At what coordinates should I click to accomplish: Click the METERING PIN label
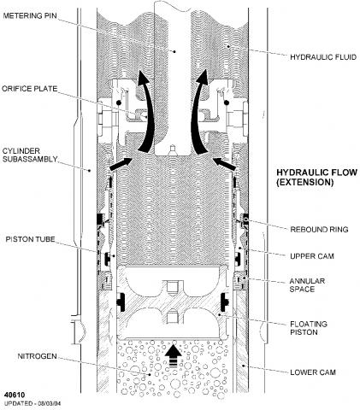pos(30,15)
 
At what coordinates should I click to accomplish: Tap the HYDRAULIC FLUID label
pos(323,57)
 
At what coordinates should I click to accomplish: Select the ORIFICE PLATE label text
pos(30,89)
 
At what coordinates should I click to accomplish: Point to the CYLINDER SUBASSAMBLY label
pos(30,155)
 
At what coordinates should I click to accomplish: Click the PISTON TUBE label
pos(30,239)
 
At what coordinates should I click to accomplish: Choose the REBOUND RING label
pos(319,230)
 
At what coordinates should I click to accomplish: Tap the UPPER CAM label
pos(312,256)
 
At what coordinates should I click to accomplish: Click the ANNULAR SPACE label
pos(307,285)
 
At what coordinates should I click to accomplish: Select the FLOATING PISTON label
pos(309,328)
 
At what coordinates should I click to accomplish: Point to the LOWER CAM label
pos(313,372)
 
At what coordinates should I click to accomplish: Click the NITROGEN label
pos(37,356)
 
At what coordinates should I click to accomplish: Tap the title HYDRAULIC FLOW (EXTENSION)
pos(316,177)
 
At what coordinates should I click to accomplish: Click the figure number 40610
pos(15,395)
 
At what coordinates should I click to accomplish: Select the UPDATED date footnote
pos(32,403)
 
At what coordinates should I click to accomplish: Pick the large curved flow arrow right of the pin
pos(198,114)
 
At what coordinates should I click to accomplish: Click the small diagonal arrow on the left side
pos(121,164)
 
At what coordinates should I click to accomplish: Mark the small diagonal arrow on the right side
pos(225,164)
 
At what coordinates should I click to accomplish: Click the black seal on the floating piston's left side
pos(121,302)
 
